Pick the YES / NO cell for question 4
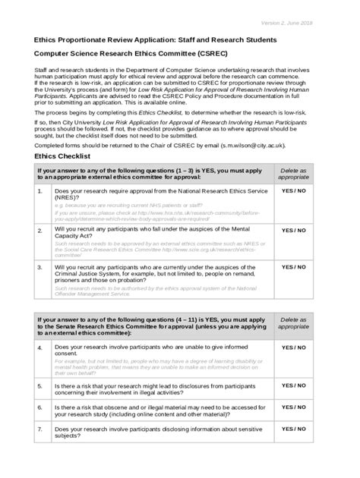click(294, 347)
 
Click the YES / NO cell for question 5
click(294, 385)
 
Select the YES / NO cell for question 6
click(294, 407)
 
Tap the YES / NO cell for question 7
click(294, 430)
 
